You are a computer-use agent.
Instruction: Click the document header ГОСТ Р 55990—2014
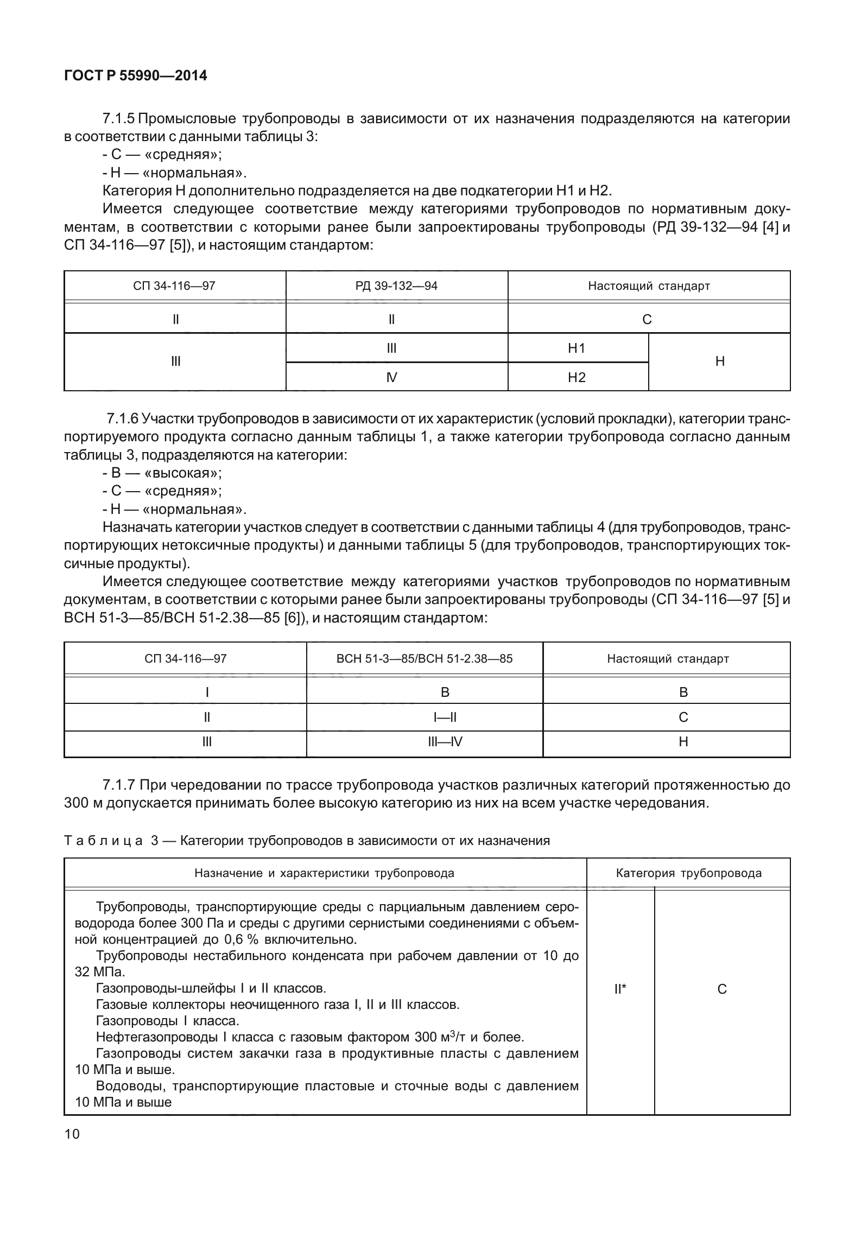point(135,76)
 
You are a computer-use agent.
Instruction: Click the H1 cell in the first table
point(577,348)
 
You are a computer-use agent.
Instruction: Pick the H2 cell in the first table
point(577,377)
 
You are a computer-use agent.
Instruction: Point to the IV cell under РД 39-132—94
point(391,377)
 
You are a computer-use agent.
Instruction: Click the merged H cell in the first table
point(720,361)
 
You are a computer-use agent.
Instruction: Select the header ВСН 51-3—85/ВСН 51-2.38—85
point(425,659)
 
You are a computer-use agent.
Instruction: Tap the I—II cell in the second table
point(445,717)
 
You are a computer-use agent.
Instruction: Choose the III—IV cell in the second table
point(445,742)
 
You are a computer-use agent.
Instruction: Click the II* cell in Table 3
point(620,989)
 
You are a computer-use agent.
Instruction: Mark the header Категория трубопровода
point(688,873)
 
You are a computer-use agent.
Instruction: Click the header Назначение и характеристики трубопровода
point(325,873)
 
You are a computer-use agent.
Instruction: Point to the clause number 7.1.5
point(119,118)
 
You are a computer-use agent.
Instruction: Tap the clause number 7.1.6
point(123,418)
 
